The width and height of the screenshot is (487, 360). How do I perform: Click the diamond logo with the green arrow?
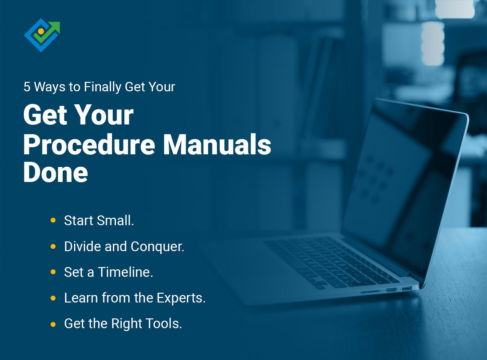click(x=42, y=35)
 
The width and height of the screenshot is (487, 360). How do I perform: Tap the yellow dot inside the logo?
click(x=41, y=31)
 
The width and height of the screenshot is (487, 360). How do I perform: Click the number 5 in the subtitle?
click(x=27, y=87)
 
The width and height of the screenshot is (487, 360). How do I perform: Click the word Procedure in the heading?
click(x=89, y=145)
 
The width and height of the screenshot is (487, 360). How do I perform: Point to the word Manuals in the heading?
click(x=217, y=145)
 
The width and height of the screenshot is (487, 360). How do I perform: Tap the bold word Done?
click(x=56, y=173)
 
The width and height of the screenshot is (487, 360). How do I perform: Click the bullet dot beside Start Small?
click(x=53, y=221)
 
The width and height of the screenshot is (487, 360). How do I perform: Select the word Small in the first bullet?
click(x=115, y=221)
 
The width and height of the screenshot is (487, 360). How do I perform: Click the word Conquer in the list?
click(x=157, y=247)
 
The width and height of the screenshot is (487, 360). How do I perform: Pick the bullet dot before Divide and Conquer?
click(x=53, y=247)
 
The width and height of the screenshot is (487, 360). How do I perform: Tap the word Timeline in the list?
click(x=125, y=272)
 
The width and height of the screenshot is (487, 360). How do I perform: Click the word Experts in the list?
click(x=181, y=298)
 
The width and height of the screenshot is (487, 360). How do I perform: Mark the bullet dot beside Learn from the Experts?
click(x=53, y=298)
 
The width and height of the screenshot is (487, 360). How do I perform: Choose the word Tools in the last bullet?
click(x=164, y=324)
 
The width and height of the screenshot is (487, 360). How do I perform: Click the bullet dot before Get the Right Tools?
click(x=53, y=324)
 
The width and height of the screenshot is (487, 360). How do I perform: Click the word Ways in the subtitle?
click(x=49, y=87)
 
